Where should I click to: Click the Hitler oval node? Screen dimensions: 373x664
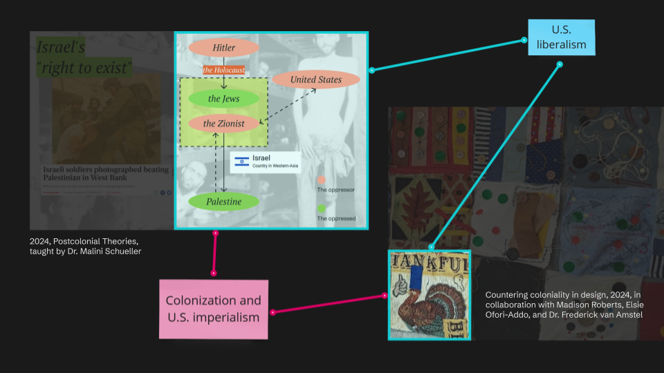(223, 48)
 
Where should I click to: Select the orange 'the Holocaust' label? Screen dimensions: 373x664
(223, 70)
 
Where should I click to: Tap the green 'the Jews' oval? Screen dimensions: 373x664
(223, 99)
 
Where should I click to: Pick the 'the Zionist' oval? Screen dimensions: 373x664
(223, 124)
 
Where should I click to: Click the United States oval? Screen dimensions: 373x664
(315, 79)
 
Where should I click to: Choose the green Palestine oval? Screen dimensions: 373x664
(223, 202)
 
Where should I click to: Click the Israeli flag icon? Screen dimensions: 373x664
(241, 162)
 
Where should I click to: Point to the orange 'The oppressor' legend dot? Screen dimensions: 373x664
(321, 179)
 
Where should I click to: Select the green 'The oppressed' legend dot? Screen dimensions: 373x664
(321, 208)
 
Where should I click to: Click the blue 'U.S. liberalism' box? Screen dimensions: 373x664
(561, 37)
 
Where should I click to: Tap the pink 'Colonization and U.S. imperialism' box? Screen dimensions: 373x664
(213, 309)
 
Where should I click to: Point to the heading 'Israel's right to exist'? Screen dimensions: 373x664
(83, 58)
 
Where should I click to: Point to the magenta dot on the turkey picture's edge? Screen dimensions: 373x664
(385, 296)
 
